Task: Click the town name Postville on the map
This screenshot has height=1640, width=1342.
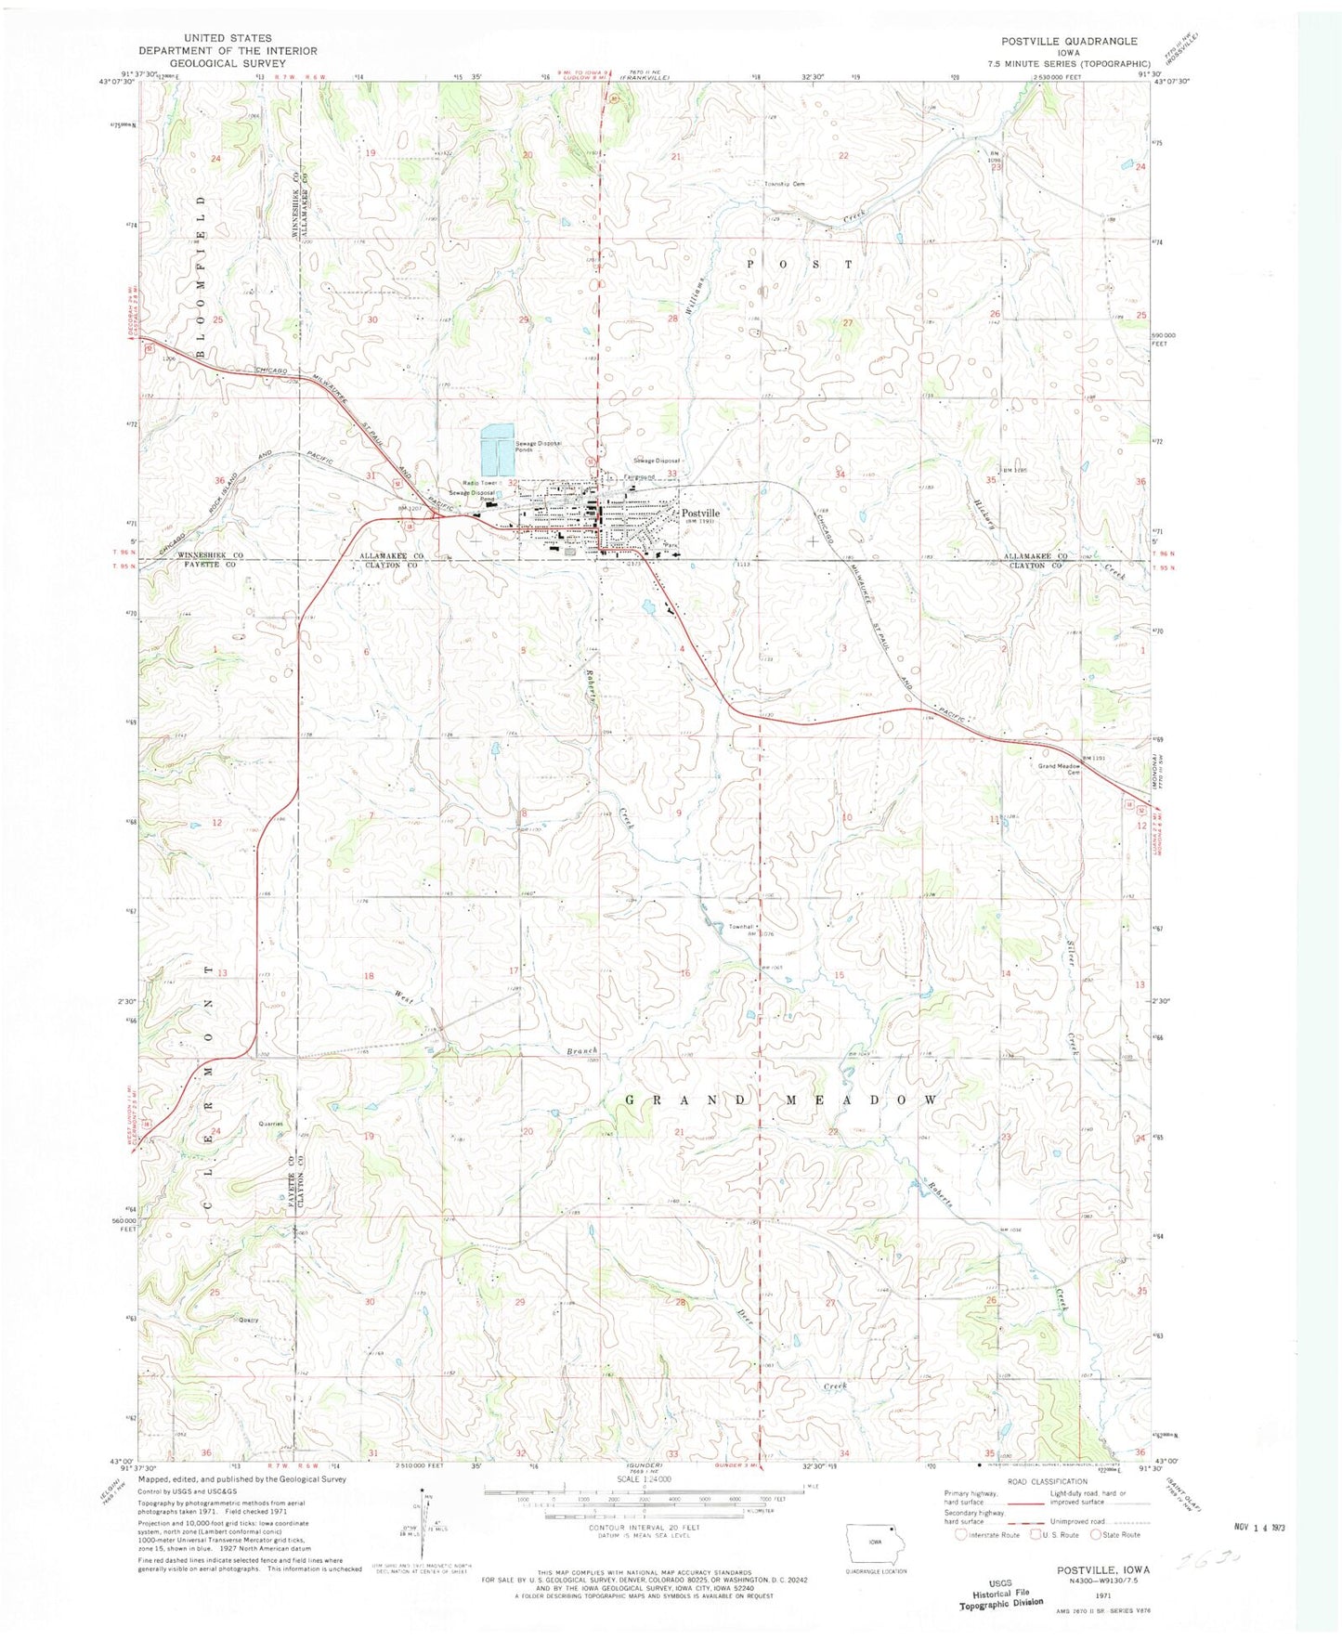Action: (x=700, y=513)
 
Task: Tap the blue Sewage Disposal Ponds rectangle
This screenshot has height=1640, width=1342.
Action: (x=497, y=449)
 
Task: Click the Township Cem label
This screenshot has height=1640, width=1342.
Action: (x=784, y=184)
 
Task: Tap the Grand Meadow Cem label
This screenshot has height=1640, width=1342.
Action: (x=1059, y=769)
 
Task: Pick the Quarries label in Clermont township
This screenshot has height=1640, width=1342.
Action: (x=271, y=1124)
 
